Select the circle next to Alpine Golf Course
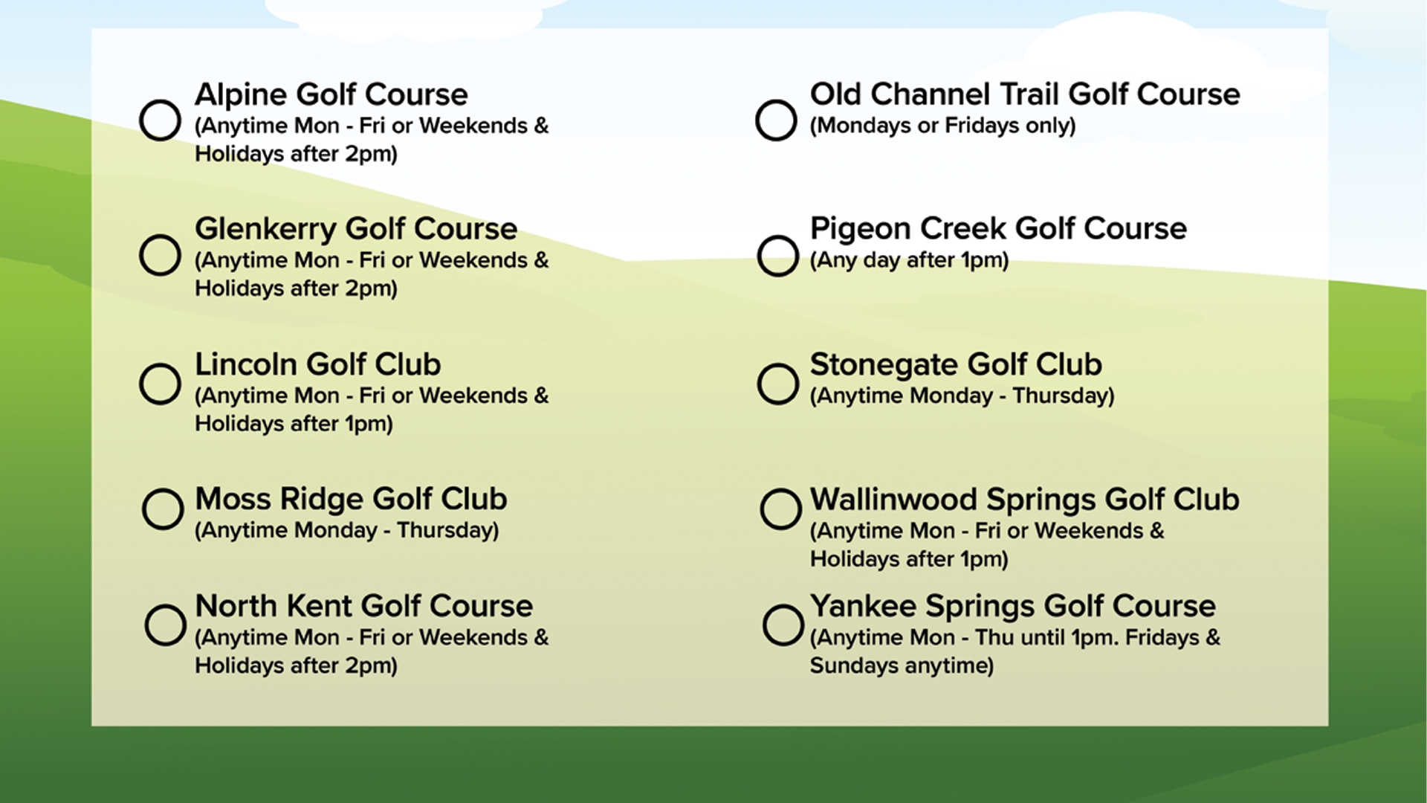pos(160,120)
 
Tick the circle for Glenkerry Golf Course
pos(160,255)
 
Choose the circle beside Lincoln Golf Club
pos(160,384)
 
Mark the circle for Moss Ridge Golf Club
pos(163,509)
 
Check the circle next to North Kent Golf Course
pos(165,625)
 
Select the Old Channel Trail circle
pos(776,120)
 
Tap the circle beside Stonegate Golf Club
pos(777,384)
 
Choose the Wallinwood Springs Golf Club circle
pos(780,509)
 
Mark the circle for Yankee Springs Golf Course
pos(783,625)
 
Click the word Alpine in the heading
pos(241,95)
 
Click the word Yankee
pos(862,606)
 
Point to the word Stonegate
pos(884,364)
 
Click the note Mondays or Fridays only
pos(942,126)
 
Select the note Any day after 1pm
pos(909,260)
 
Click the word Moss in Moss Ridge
pos(233,500)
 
